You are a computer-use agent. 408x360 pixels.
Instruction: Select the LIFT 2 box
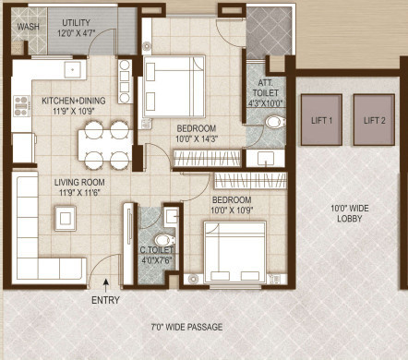coord(374,120)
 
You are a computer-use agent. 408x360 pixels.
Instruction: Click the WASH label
coord(29,27)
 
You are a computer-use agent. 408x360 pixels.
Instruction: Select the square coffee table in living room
coord(66,217)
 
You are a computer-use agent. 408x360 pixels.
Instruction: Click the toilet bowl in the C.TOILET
coord(169,216)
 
